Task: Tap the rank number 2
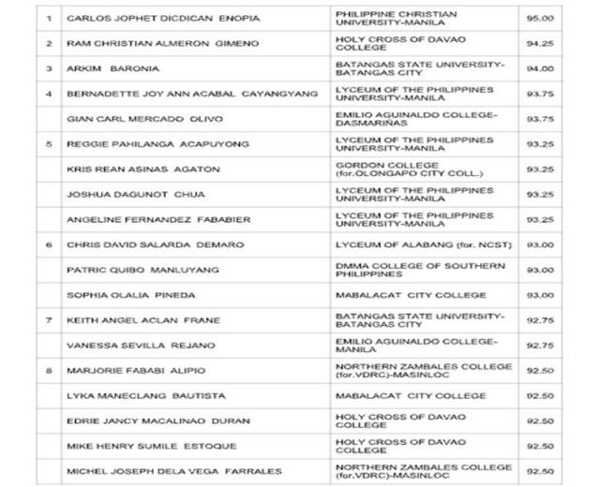(x=49, y=44)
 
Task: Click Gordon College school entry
(x=404, y=169)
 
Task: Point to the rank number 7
(x=49, y=320)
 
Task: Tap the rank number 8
(x=49, y=370)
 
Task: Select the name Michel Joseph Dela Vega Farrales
(x=172, y=471)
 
